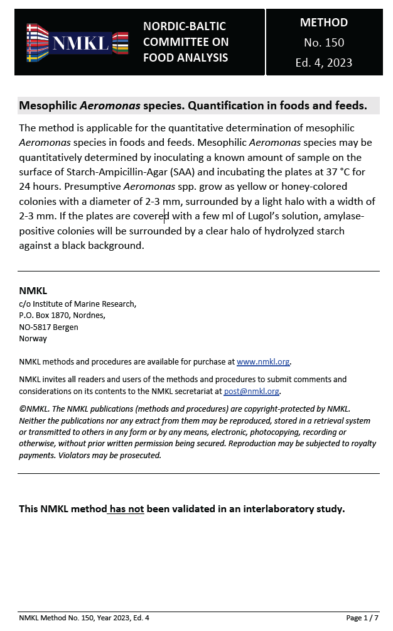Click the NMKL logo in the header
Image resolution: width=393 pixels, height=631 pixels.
coord(77,42)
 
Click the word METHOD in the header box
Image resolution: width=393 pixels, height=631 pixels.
coord(323,23)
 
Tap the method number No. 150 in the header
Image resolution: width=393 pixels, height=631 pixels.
coord(323,43)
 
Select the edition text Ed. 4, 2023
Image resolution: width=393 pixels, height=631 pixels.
coord(323,63)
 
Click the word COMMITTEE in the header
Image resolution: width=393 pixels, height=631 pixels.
coord(186,42)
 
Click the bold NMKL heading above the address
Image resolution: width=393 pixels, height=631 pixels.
coord(33,291)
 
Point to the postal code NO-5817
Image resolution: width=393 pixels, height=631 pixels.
coord(37,327)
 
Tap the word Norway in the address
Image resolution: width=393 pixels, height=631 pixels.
coord(33,338)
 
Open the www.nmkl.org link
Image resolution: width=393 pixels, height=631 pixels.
coord(263,362)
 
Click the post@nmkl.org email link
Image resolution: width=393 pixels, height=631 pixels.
coord(252,391)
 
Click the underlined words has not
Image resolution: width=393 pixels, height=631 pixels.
coord(127,509)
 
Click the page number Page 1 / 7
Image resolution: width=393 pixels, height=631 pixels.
coord(362,618)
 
